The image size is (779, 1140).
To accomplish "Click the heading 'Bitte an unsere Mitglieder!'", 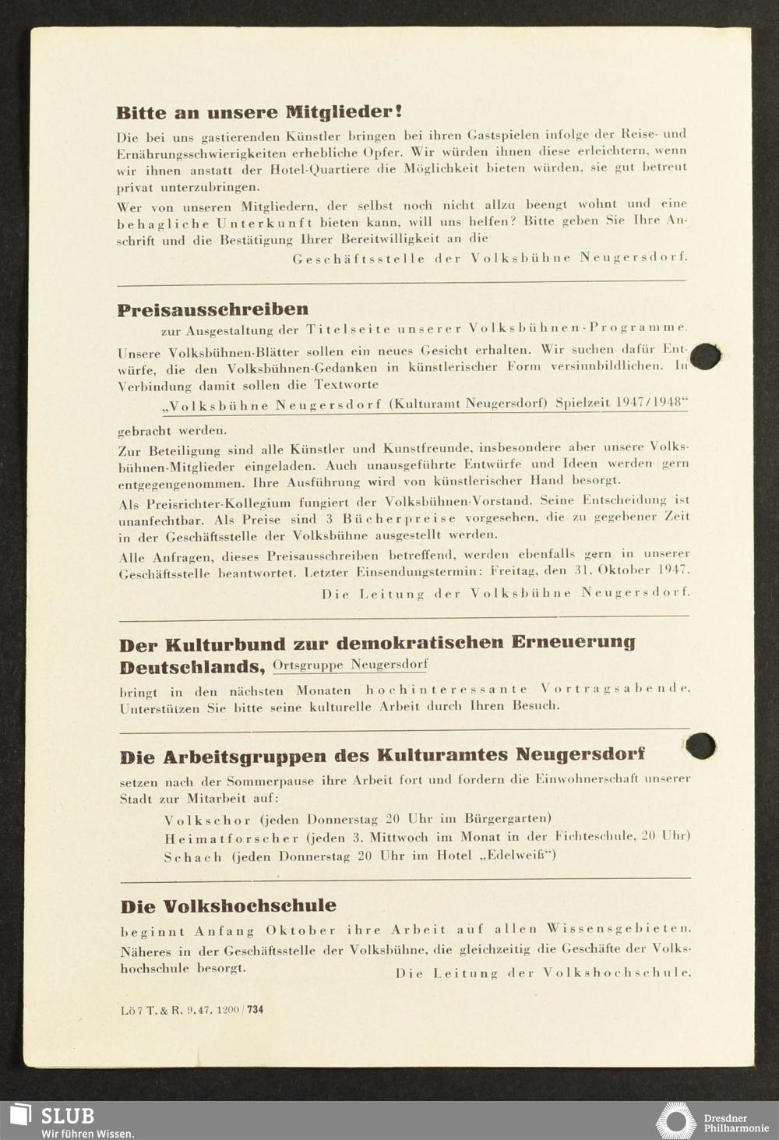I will click(x=259, y=112).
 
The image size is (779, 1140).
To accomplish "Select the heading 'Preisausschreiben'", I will click(x=213, y=310).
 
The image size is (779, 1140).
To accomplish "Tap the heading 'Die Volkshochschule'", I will click(x=228, y=906).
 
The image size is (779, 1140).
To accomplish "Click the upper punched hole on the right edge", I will click(x=706, y=356).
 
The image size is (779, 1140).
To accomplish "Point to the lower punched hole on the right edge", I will click(x=700, y=746).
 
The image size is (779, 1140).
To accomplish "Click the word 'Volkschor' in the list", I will click(x=207, y=820).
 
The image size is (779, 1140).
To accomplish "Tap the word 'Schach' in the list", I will click(x=192, y=857).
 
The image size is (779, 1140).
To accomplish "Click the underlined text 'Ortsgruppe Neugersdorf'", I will click(x=350, y=665).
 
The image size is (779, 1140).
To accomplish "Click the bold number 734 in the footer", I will click(x=255, y=1010).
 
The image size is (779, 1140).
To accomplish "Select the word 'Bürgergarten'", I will click(x=506, y=818).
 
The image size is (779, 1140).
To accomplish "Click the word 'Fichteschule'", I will click(x=593, y=837).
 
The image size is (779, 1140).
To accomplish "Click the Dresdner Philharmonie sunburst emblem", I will click(x=675, y=1121).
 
